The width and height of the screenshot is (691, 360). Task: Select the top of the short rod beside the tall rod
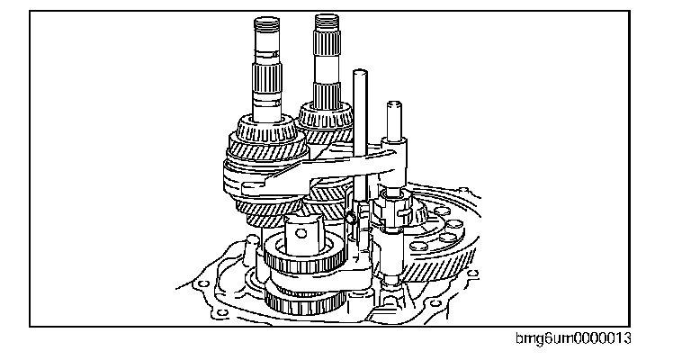[x=392, y=105]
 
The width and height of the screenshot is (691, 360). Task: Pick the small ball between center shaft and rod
[x=348, y=217]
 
